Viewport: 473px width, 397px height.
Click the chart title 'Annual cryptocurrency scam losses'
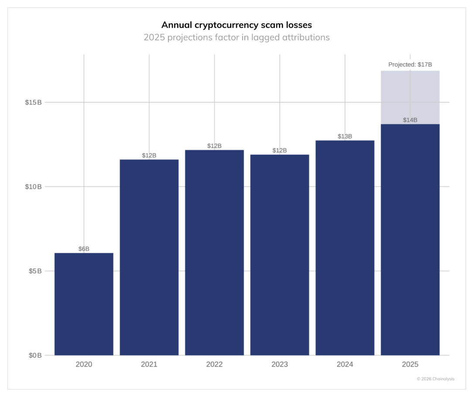click(236, 25)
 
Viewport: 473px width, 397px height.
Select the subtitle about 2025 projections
click(236, 38)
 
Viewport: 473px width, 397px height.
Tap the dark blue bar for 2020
click(84, 304)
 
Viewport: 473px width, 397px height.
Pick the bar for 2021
click(149, 257)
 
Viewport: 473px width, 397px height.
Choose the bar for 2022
click(215, 253)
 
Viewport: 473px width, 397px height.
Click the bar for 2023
click(280, 255)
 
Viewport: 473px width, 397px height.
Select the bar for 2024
click(345, 248)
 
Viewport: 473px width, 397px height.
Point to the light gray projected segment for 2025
click(410, 97)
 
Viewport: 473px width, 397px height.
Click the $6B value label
click(84, 249)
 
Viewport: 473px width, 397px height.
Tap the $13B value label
click(345, 136)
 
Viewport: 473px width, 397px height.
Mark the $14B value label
click(410, 120)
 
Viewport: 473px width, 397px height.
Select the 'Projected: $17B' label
click(410, 65)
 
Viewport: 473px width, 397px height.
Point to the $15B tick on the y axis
click(33, 102)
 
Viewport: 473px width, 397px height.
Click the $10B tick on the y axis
click(33, 186)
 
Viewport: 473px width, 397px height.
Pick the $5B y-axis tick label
click(35, 271)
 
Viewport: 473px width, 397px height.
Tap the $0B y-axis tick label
click(35, 356)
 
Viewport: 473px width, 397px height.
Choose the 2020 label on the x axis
click(84, 364)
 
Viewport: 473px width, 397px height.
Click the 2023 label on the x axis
click(280, 364)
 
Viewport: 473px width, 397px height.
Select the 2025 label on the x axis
click(410, 364)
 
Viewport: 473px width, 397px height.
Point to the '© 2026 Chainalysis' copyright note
click(435, 379)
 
